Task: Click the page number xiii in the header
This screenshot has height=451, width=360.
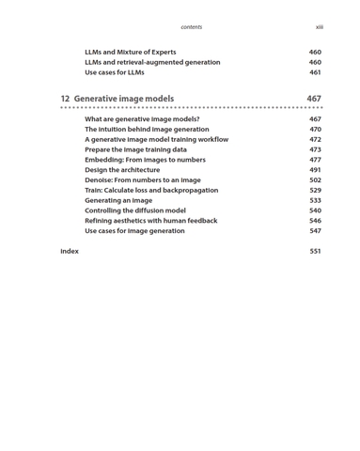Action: (x=319, y=27)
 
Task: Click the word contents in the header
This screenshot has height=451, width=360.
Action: (x=191, y=27)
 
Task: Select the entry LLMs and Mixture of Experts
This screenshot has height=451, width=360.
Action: (x=135, y=53)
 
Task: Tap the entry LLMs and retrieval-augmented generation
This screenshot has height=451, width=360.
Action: (x=152, y=63)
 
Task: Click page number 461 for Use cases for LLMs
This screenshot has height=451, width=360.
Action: (x=315, y=73)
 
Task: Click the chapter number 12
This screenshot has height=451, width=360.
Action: (x=65, y=99)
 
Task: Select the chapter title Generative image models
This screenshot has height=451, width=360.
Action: (x=124, y=99)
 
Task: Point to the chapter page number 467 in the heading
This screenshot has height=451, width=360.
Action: (x=314, y=99)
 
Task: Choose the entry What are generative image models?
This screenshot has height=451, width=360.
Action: (x=142, y=119)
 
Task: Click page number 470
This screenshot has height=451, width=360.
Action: (x=315, y=130)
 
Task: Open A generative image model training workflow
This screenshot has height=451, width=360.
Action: (x=156, y=140)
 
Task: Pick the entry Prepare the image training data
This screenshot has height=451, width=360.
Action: (x=135, y=150)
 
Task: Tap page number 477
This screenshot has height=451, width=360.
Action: (x=315, y=160)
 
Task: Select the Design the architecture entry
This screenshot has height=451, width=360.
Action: (x=122, y=170)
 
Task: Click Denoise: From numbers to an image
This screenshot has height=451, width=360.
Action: (x=142, y=180)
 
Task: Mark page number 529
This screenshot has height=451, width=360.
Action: (x=315, y=191)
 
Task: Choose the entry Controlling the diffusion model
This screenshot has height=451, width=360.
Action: (x=135, y=211)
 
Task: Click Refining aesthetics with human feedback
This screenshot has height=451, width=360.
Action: (x=150, y=221)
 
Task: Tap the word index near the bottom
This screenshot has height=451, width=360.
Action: (x=70, y=252)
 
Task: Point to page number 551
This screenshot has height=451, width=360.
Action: (x=315, y=252)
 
